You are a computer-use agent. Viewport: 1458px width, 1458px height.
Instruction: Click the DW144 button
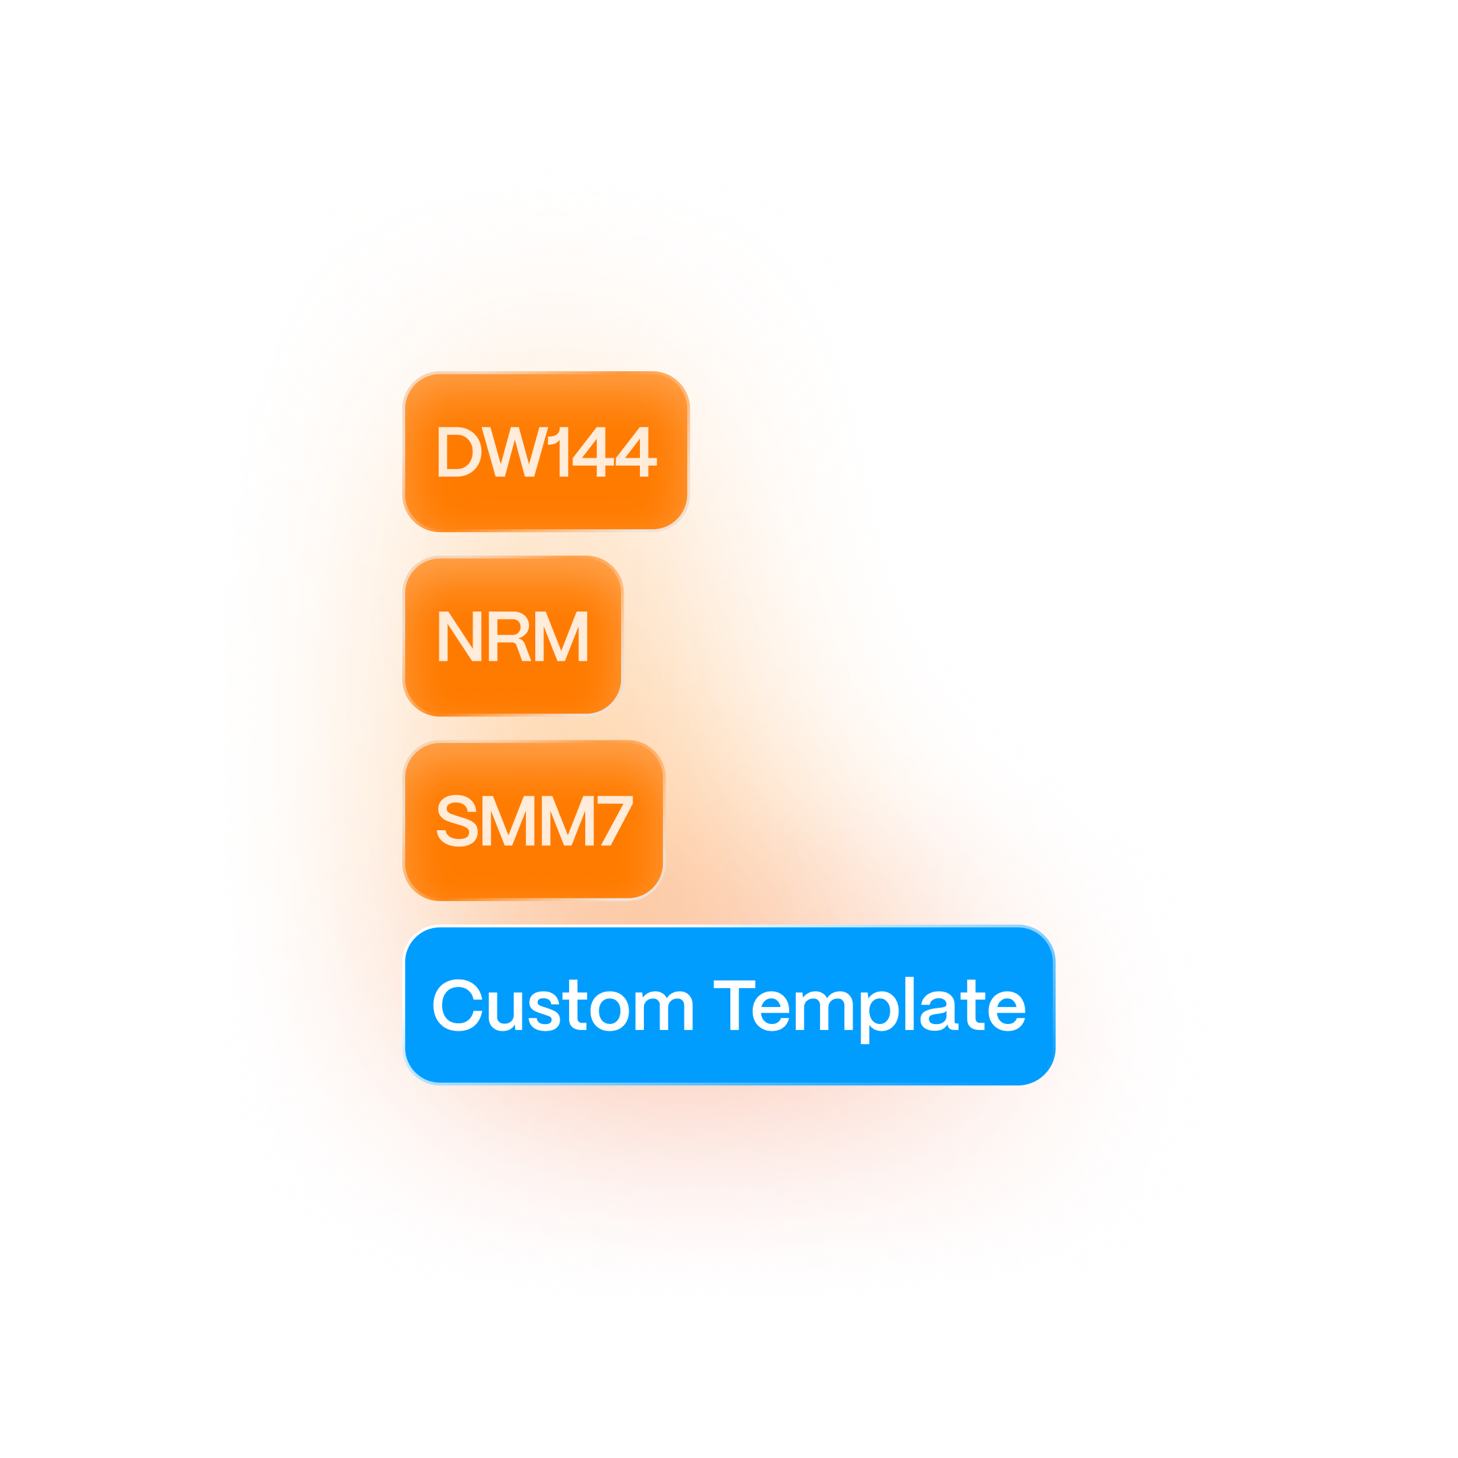pos(545,452)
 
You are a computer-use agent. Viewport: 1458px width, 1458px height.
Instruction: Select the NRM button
pos(513,636)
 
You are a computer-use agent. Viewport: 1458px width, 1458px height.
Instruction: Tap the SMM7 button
pos(533,820)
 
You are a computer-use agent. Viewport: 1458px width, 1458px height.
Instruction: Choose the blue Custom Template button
pos(728,1005)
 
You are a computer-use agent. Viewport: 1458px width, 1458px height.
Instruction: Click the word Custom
pos(563,1005)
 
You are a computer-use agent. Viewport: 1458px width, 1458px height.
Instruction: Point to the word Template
pos(869,1006)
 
